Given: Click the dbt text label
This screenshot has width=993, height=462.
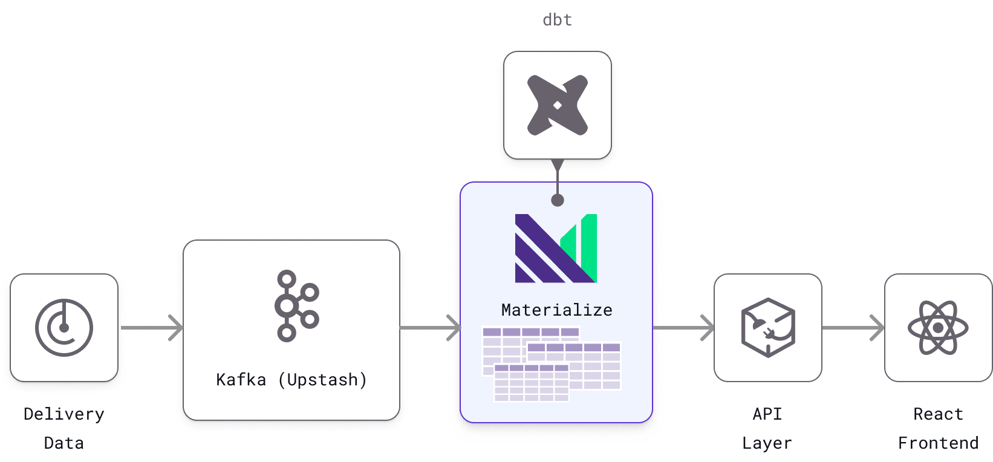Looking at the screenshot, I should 557,20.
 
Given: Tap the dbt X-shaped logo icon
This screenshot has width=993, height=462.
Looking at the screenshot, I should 557,105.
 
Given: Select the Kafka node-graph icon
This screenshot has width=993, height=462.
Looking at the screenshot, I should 296,306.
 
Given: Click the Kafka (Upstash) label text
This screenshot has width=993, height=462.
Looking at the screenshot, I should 291,380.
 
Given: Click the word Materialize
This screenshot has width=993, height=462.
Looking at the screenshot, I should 556,310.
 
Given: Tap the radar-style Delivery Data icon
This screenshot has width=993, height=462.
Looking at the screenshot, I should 64,328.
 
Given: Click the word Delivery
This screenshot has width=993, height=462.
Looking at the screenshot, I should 64,414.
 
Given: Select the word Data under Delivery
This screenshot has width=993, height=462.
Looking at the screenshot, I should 64,443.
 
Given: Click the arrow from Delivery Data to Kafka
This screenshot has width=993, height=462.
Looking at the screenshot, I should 151,328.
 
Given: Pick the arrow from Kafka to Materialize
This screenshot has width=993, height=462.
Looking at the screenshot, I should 430,328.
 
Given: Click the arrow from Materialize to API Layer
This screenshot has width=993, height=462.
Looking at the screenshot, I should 683,328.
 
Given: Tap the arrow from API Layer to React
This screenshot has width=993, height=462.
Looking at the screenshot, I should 853,328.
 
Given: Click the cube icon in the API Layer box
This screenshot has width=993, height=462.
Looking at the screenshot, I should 767,328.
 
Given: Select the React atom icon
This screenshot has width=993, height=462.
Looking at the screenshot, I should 938,328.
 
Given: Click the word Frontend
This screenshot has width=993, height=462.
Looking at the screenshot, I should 938,443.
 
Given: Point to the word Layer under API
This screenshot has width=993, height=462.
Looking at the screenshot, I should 767,443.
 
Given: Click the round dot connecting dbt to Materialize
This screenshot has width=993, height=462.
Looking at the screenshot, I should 558,200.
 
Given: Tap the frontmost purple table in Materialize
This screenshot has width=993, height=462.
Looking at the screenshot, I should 531,383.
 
